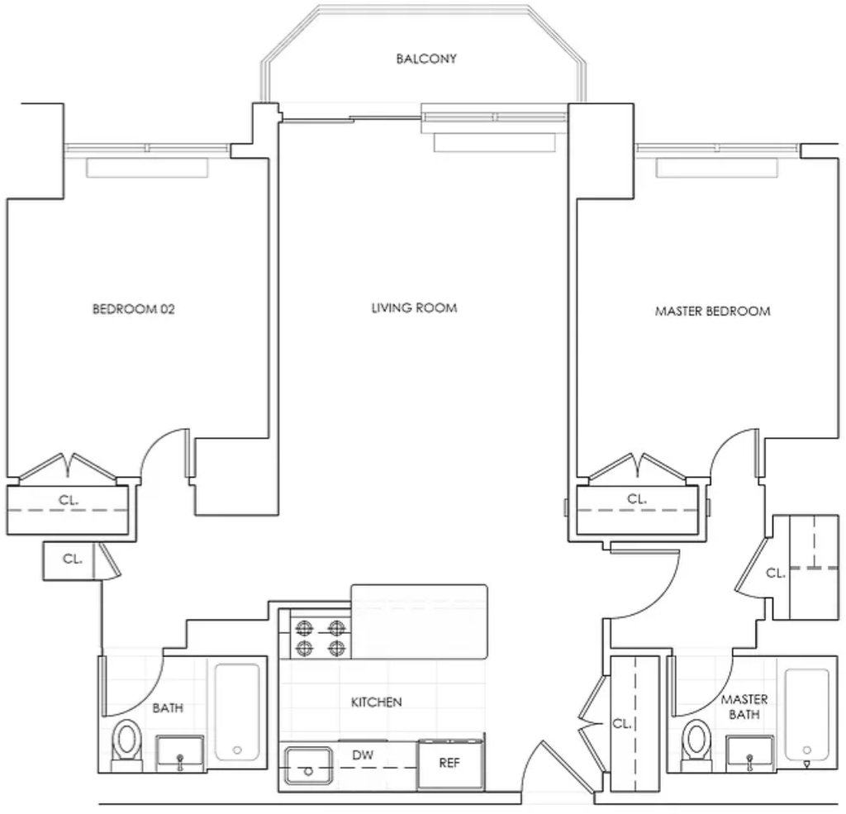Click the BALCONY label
click(426, 59)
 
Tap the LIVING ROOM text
click(414, 307)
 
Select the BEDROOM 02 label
click(134, 309)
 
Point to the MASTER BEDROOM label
click(712, 311)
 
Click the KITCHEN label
click(376, 702)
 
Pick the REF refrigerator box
click(450, 764)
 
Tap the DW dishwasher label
click(363, 754)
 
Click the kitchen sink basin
click(308, 765)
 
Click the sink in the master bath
click(749, 754)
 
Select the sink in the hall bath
click(179, 754)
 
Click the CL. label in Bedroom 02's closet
click(69, 501)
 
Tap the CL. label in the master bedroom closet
click(637, 499)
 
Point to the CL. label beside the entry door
click(621, 723)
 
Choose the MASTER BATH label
click(744, 707)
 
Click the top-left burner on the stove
click(304, 628)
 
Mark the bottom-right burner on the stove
click(337, 648)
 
